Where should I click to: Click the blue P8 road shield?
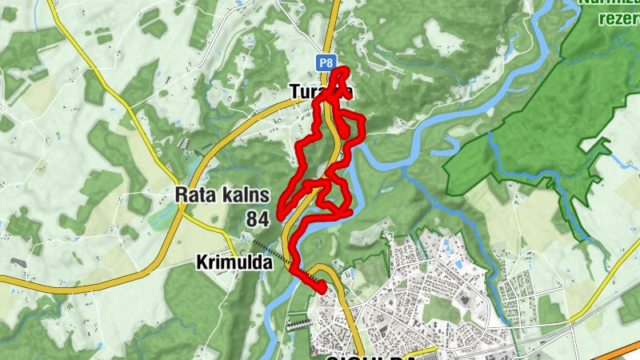(325, 62)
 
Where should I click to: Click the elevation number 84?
(258, 218)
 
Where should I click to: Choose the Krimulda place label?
(233, 262)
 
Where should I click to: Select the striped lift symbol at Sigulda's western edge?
(297, 325)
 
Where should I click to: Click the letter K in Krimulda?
(200, 262)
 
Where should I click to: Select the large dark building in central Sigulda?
(463, 298)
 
